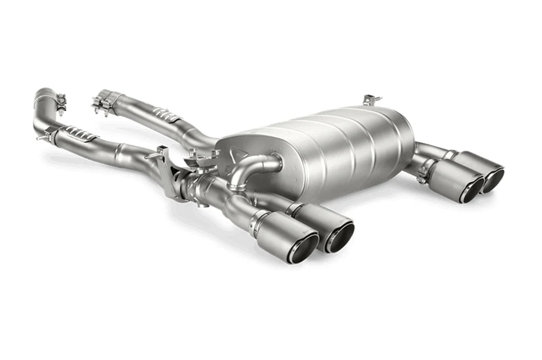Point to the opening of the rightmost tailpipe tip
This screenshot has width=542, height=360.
point(492,181)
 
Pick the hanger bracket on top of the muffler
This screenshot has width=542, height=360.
point(372,100)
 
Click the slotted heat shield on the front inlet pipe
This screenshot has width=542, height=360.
point(79,134)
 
